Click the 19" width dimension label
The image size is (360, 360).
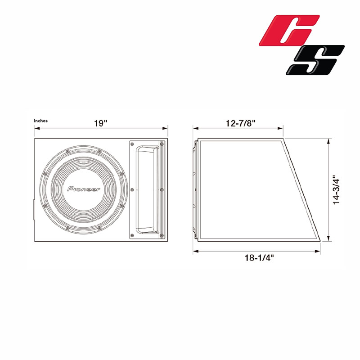coord(100,123)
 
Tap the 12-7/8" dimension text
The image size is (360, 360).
coord(241,123)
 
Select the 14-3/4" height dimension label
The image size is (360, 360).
coord(336,190)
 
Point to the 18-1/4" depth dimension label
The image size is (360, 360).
coord(259,258)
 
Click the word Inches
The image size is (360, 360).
coord(40,121)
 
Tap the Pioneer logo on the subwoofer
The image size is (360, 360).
coord(84,189)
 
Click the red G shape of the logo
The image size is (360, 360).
coord(289,30)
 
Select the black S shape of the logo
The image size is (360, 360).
coord(315,60)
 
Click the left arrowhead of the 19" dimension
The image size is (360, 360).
coord(37,128)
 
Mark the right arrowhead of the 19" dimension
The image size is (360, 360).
coord(165,128)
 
